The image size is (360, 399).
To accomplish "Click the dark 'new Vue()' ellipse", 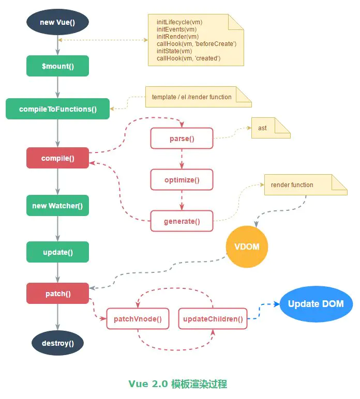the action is point(57,22).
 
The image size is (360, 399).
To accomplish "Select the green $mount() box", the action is point(57,66).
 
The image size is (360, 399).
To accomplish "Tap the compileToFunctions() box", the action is point(57,109).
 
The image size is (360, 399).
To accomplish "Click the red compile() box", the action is point(57,158).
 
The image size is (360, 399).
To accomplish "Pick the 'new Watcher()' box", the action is point(57,206).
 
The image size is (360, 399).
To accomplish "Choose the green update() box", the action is point(57,252).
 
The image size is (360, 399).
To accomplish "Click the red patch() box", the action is point(57,294).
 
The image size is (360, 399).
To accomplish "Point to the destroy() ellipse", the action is point(57,343).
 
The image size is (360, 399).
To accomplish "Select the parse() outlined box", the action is point(182,139).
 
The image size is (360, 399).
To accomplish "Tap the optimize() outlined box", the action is point(182,180).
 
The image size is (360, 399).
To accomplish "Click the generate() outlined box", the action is point(182,221).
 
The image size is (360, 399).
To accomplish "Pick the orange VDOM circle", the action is point(247,247).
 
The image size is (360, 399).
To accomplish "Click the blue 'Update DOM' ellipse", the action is point(316,304).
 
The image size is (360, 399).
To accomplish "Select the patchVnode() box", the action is point(138,319).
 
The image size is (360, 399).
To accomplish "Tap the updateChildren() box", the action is point(213,319).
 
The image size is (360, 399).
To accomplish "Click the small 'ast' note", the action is point(271,128).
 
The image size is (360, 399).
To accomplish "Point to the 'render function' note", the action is point(306,185).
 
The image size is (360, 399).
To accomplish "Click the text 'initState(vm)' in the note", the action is point(174,51).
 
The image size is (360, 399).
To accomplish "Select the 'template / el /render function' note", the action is point(198,97).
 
